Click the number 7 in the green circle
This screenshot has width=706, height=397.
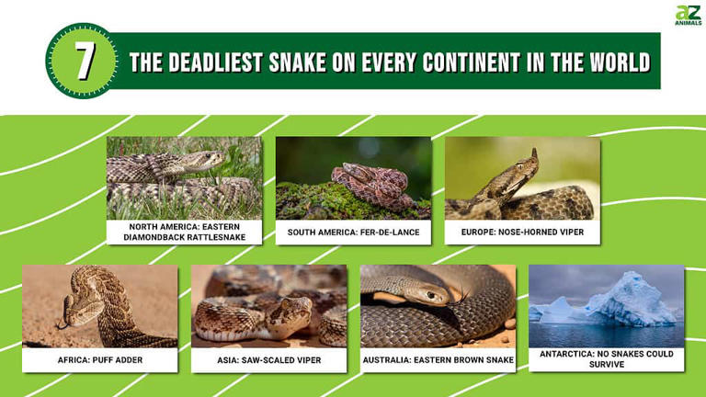(x=84, y=61)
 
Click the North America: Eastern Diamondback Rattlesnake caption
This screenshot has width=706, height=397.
(x=184, y=232)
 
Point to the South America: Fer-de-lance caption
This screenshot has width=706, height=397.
(x=353, y=233)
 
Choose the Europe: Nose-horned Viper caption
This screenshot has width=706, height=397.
(x=522, y=233)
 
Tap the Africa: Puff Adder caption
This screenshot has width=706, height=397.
(x=100, y=359)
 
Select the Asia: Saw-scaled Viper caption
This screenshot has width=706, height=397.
(x=269, y=359)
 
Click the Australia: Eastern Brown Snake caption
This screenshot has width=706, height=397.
(x=438, y=359)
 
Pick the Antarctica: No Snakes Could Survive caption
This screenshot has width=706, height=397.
(x=607, y=359)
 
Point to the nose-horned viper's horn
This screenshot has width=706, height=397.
(x=533, y=152)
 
